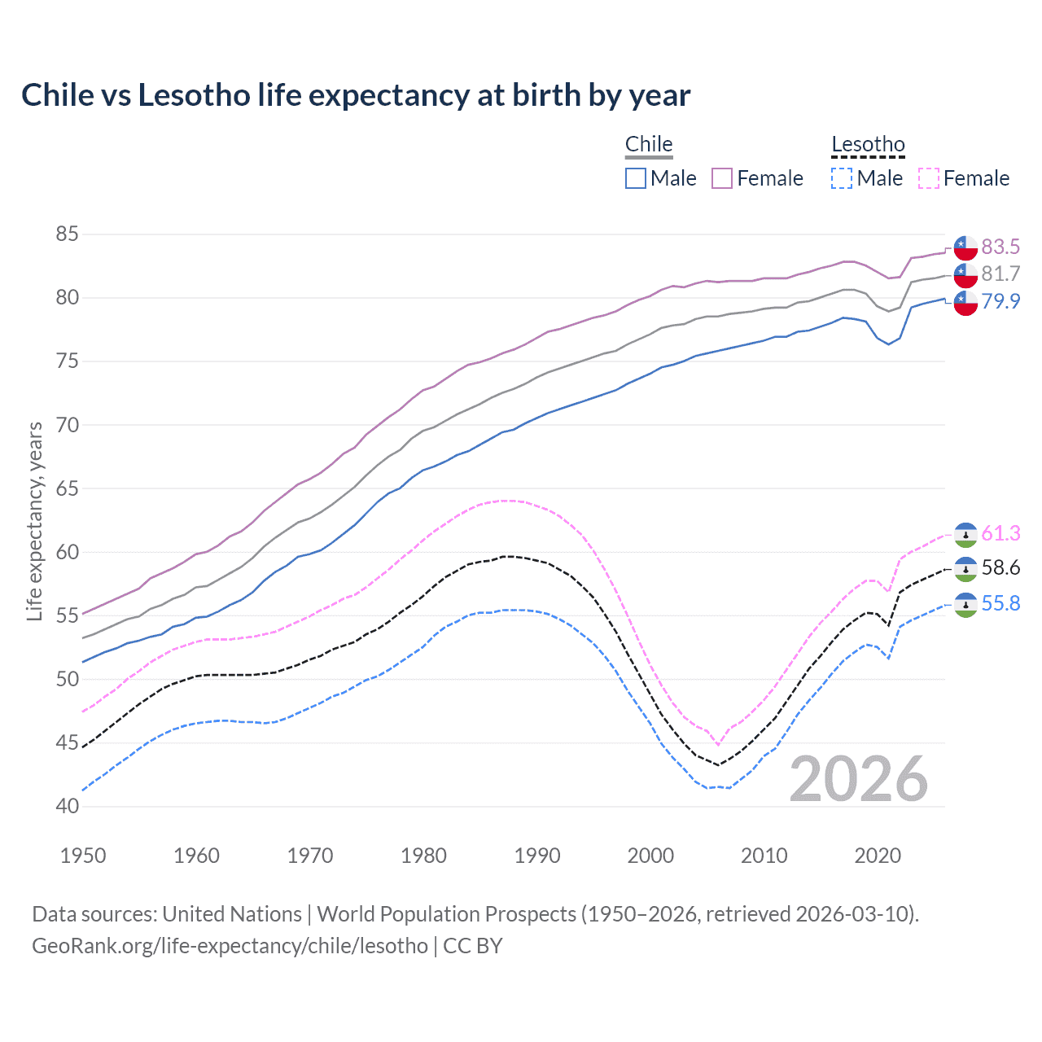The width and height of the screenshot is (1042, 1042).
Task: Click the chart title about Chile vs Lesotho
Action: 356,95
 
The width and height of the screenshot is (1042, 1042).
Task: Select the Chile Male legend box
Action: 636,178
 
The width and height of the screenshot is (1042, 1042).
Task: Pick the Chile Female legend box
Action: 722,178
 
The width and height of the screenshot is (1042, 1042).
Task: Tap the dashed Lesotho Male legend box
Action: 843,178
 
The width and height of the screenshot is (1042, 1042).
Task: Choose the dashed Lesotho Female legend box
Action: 929,178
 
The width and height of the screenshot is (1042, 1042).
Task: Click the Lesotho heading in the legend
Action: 868,145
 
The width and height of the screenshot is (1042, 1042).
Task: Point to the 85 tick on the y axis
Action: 67,234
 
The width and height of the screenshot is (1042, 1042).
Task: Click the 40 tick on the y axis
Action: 67,807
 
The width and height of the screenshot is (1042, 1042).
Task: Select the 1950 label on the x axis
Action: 83,856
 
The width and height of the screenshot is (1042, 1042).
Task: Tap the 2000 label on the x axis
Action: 650,856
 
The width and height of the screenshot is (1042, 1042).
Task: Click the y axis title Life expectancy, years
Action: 35,521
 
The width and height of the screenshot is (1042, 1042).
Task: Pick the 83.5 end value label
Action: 1000,247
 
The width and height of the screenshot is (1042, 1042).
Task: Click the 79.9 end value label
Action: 1000,301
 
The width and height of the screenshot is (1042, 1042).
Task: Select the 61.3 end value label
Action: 1000,533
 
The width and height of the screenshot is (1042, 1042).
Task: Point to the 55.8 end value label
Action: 1000,603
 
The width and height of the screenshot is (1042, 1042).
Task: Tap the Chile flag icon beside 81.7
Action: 965,274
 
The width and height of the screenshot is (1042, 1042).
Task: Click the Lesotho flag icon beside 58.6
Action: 965,568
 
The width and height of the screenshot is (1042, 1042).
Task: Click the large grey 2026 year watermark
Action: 858,779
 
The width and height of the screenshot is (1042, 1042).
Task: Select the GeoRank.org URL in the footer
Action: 230,946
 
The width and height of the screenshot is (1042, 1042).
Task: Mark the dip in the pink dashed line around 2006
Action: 718,744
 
